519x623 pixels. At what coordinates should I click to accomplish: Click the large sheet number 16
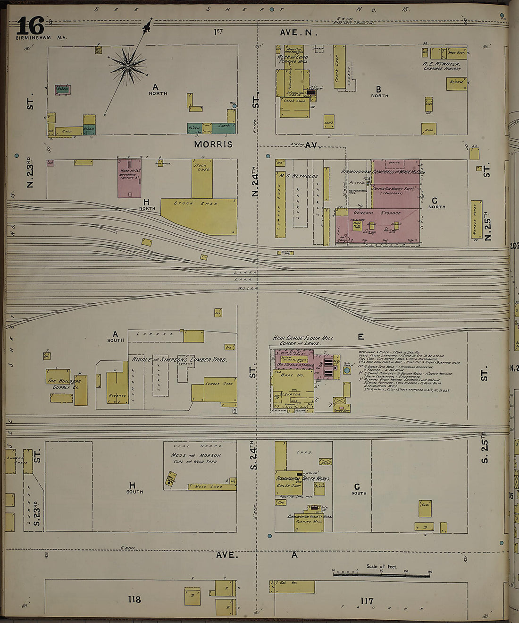[x=30, y=26]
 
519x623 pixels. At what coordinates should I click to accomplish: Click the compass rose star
[x=127, y=66]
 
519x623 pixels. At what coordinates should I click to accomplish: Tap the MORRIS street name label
[x=213, y=144]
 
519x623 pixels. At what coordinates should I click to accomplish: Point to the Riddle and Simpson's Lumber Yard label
[x=179, y=359]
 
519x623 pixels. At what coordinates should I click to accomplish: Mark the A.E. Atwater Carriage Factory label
[x=442, y=65]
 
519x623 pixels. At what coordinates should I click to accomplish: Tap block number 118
[x=134, y=599]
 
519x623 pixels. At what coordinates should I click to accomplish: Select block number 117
[x=367, y=601]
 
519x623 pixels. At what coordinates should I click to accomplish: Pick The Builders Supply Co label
[x=64, y=384]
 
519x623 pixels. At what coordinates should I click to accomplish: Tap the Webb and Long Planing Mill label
[x=293, y=59]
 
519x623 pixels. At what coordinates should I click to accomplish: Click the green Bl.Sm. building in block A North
[x=62, y=89]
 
